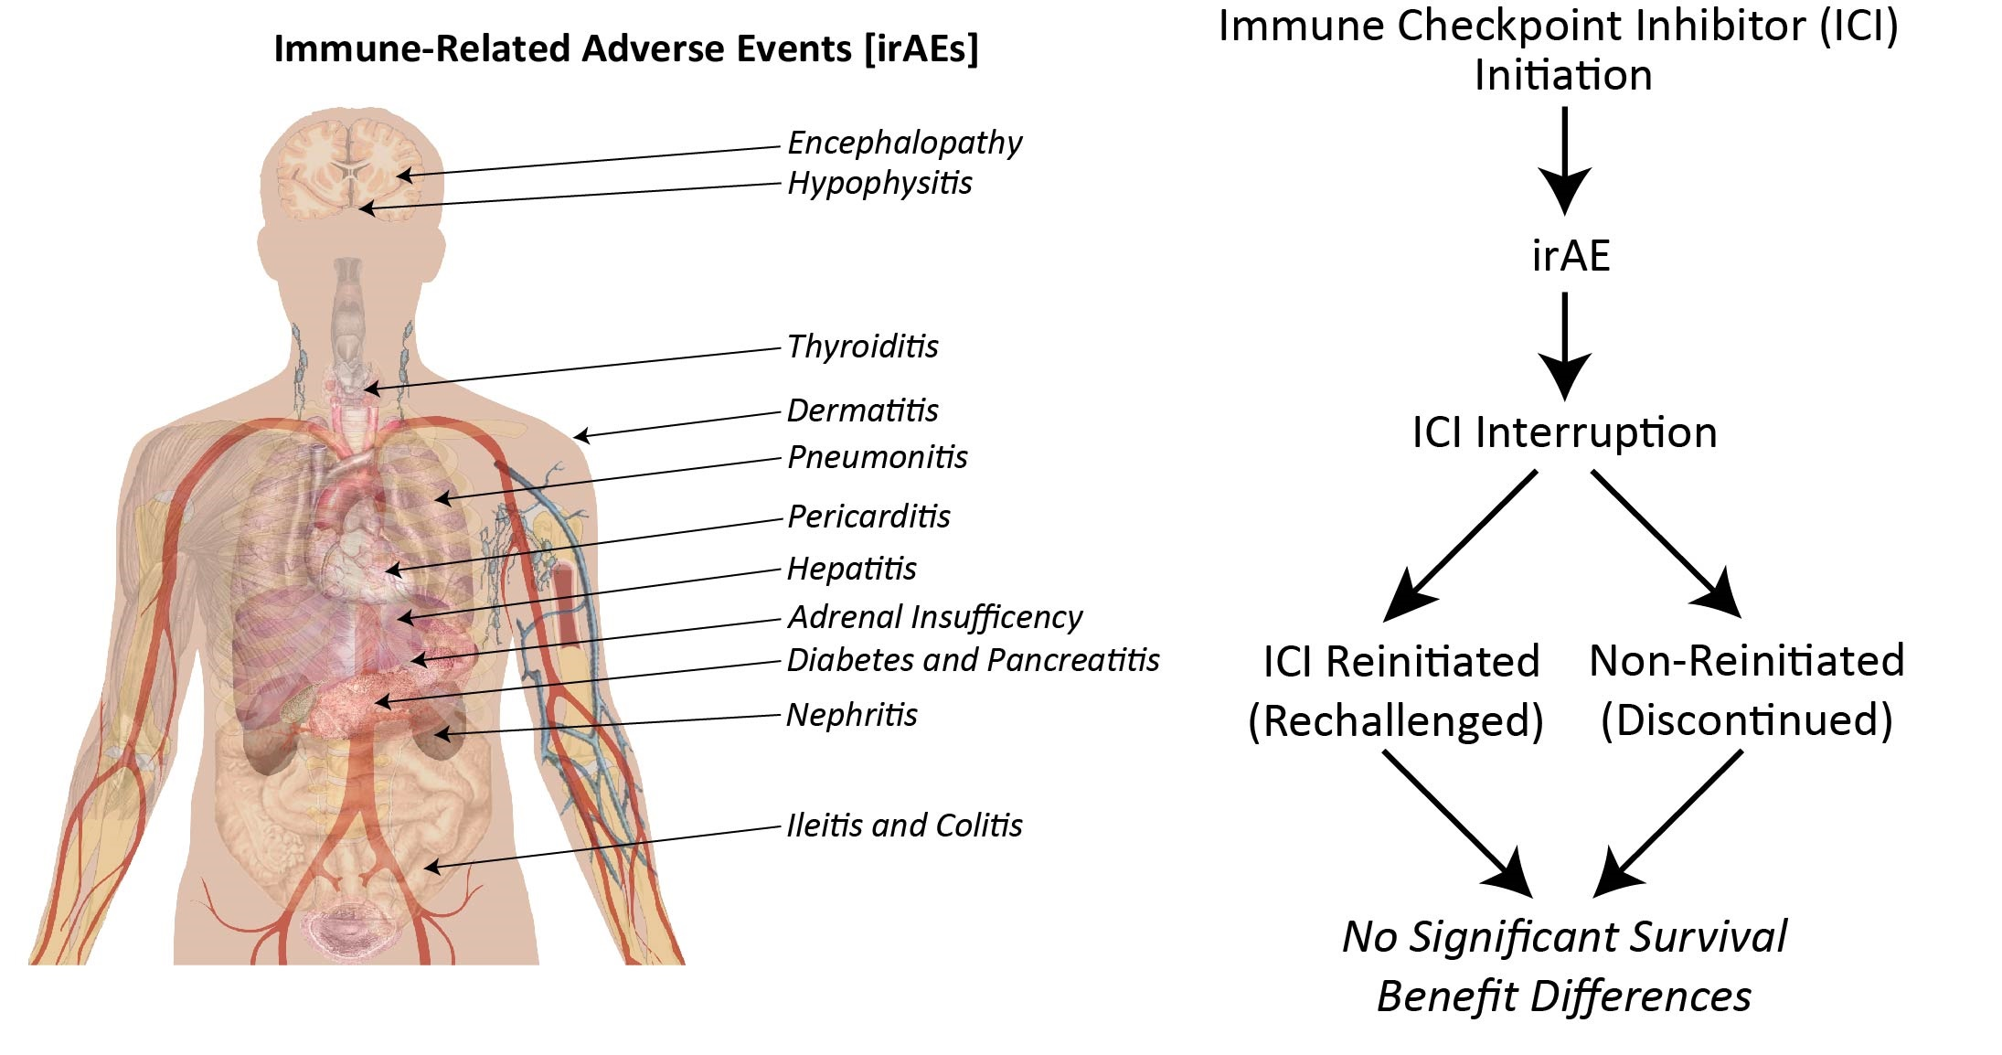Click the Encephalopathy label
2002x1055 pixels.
(x=904, y=144)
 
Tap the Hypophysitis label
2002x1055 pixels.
(x=879, y=184)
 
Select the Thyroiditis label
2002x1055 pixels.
(x=862, y=347)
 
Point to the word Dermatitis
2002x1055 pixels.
(x=862, y=411)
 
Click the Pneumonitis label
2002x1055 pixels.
(x=877, y=457)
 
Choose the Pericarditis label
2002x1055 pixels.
(x=868, y=517)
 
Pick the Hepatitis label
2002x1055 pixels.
(x=851, y=570)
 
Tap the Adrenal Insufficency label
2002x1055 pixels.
(x=934, y=618)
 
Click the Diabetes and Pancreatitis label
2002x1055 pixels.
(x=973, y=660)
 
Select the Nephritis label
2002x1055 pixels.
(x=851, y=715)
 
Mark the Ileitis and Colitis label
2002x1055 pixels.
(x=904, y=826)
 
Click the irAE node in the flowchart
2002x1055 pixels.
(x=1570, y=256)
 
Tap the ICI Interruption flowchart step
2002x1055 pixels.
(x=1564, y=432)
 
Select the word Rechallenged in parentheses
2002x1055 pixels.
(x=1395, y=720)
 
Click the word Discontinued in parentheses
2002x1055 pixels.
(x=1746, y=719)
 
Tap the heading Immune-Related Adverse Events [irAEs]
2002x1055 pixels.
(x=626, y=48)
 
